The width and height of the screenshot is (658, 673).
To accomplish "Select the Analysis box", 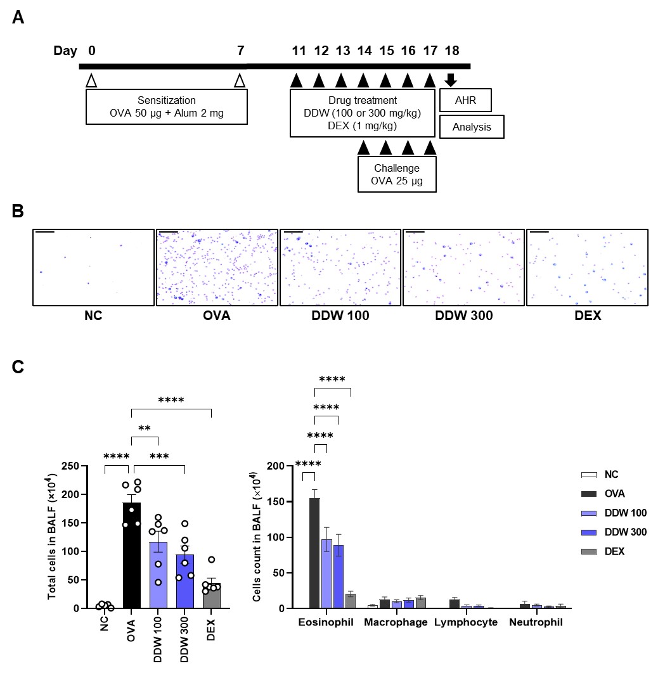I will tap(472, 127).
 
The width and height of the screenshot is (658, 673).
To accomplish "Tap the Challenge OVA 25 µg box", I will tap(397, 174).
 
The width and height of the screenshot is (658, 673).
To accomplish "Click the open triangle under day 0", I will tap(91, 80).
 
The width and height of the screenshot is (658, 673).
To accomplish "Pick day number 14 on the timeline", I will tap(364, 51).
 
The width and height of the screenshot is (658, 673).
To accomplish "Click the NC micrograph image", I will tap(93, 268).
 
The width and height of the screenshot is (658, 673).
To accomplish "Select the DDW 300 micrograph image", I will tap(463, 268).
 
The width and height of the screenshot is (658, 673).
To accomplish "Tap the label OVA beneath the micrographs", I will tap(216, 314).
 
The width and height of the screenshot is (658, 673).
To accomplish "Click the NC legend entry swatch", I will tap(590, 475).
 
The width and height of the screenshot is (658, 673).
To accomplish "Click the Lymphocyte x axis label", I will tap(466, 622).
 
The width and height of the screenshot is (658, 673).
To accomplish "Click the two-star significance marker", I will tap(144, 428).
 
